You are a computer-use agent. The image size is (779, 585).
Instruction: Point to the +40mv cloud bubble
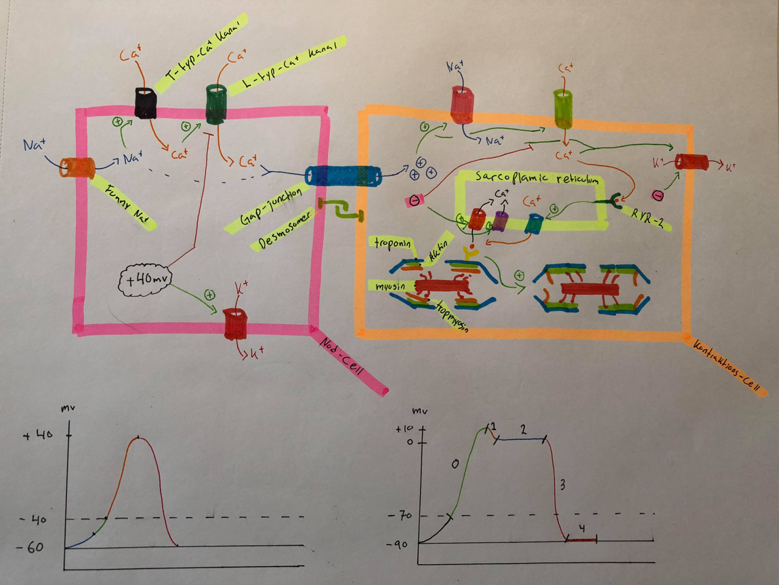[x=143, y=281]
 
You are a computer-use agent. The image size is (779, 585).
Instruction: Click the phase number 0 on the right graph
[x=455, y=464]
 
